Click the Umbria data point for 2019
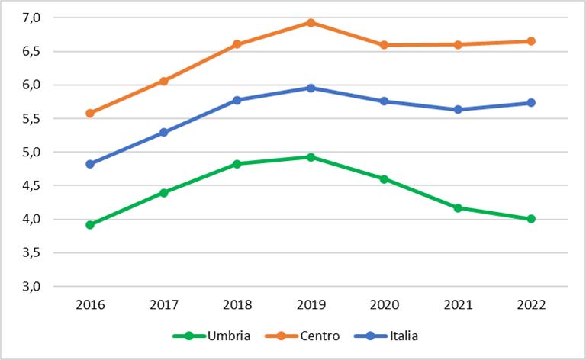point(311,157)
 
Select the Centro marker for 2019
point(311,23)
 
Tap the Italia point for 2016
point(90,164)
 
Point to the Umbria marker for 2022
point(531,219)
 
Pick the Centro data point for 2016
point(90,113)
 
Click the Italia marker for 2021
point(458,110)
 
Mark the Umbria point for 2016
point(90,225)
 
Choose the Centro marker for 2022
point(531,41)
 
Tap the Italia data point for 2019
point(311,88)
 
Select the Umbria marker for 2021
point(458,208)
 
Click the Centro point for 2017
point(164,81)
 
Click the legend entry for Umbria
point(211,336)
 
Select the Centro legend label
point(320,336)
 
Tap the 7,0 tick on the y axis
point(31,18)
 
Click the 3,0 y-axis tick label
point(31,287)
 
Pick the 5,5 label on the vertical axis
point(31,119)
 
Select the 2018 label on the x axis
point(237,305)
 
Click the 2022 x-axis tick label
point(531,305)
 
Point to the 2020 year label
point(385,305)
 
